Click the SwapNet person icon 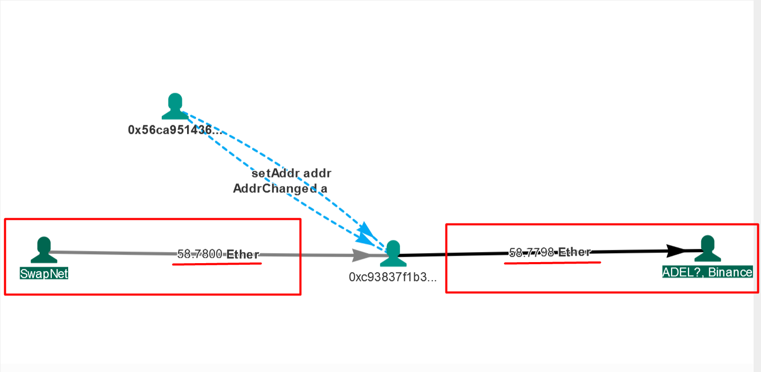[44, 250]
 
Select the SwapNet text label [44, 273]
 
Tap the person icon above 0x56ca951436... [175, 106]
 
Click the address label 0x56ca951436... [174, 130]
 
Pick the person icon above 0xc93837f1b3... [393, 254]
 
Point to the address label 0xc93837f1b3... [393, 277]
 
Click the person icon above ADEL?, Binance [707, 249]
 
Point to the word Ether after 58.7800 [243, 255]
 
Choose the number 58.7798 [532, 253]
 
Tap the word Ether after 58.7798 [574, 252]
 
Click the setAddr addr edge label [291, 173]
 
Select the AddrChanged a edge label [280, 189]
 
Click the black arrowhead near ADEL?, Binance [676, 250]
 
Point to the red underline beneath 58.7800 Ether [217, 264]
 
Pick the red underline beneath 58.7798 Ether [552, 262]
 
